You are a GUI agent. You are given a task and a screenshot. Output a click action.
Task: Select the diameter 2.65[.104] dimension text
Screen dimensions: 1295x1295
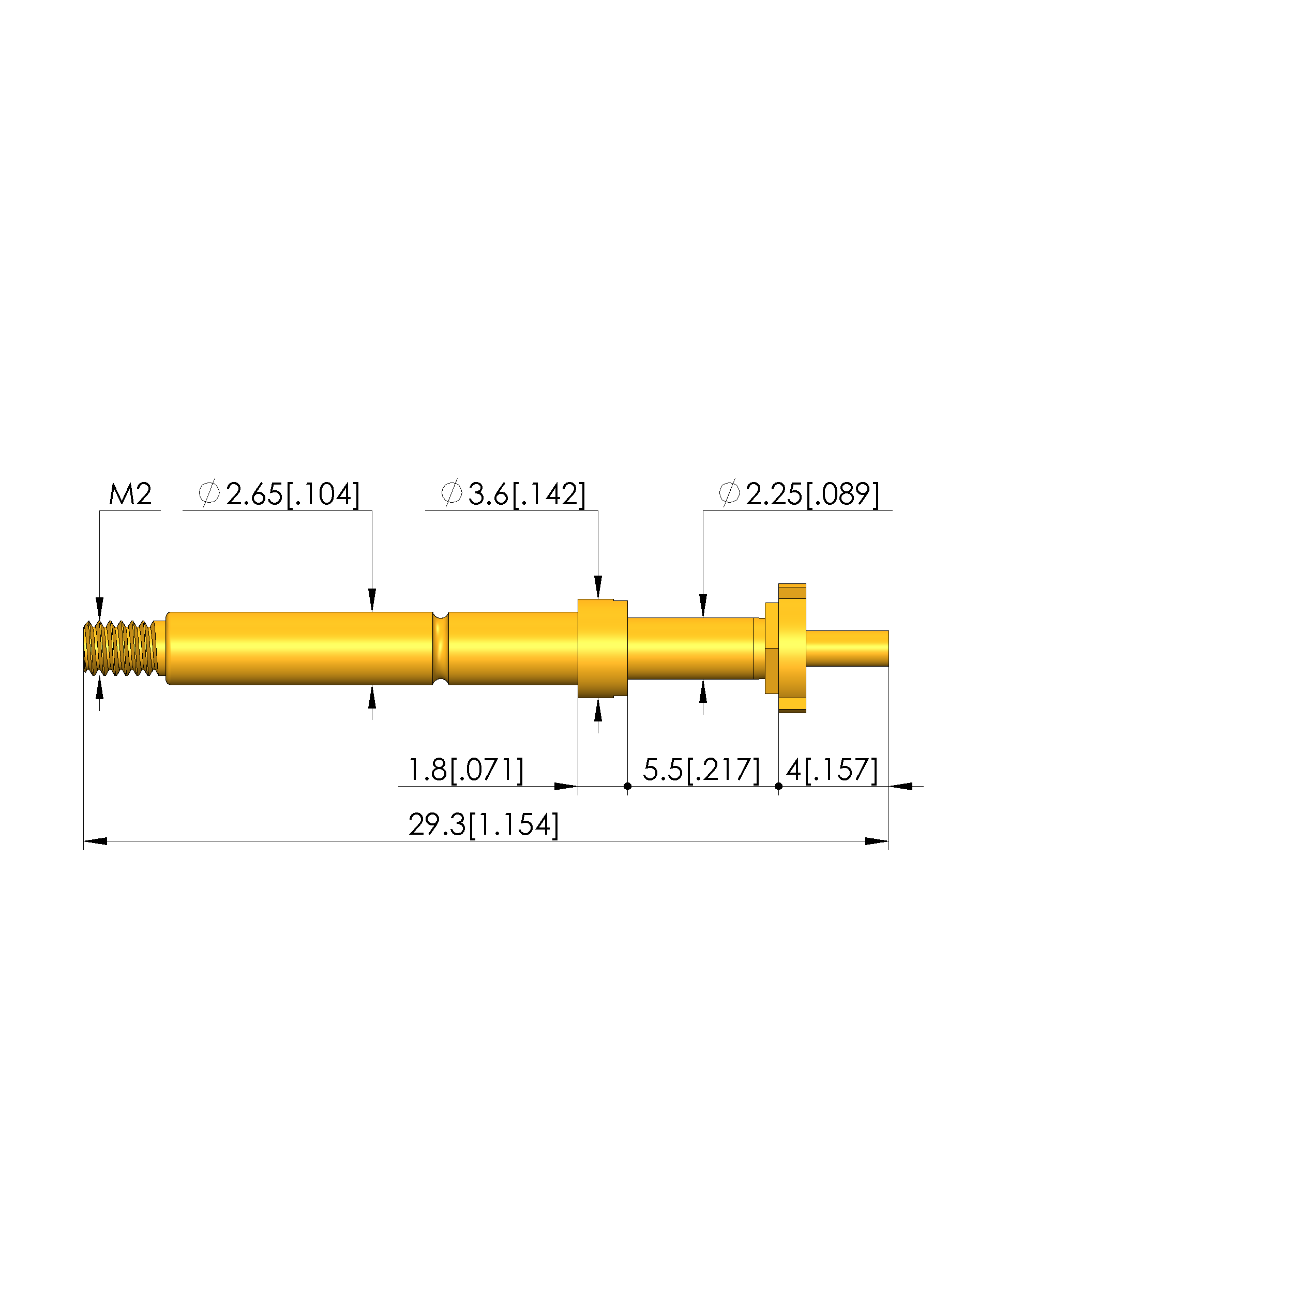click(x=279, y=494)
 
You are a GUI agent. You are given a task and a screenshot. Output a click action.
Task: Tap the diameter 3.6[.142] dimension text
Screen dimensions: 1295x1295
click(x=514, y=494)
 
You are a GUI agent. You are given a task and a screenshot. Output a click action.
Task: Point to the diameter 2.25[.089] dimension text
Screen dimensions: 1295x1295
click(x=799, y=494)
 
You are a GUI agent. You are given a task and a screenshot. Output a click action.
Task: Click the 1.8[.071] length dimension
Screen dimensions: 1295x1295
click(x=466, y=770)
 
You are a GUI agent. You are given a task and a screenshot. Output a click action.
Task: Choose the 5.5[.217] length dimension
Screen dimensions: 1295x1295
click(x=702, y=770)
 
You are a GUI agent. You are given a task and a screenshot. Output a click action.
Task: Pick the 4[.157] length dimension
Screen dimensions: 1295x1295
click(x=832, y=770)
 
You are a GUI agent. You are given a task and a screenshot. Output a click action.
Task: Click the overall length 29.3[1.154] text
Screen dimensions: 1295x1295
click(x=483, y=824)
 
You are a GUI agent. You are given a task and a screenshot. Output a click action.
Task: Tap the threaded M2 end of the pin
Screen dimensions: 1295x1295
click(x=121, y=648)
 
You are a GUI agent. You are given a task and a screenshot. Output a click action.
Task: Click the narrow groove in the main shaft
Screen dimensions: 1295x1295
click(x=441, y=648)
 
